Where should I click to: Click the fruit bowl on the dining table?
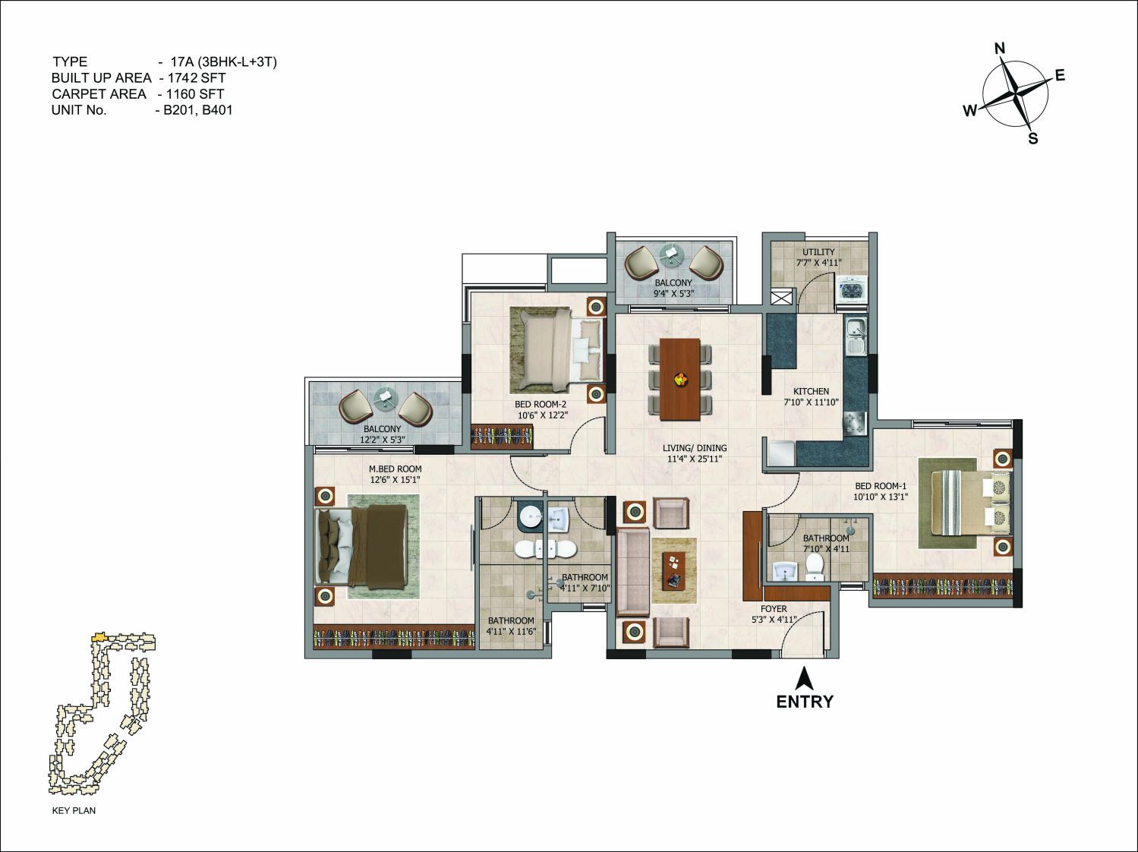pos(680,379)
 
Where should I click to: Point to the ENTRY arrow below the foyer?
pos(803,677)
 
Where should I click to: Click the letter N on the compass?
pos(1000,49)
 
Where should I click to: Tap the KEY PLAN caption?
pos(74,810)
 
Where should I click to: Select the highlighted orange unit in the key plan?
pos(99,636)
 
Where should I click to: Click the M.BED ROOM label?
pos(395,469)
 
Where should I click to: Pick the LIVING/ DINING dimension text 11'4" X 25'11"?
pos(695,459)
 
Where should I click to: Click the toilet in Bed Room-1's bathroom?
pos(815,566)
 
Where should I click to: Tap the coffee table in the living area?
pos(673,570)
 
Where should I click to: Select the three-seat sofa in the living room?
pos(633,572)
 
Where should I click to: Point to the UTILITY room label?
pos(818,252)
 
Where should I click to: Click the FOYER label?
pos(774,609)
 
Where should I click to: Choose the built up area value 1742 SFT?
pos(197,78)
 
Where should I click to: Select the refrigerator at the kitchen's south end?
pos(782,452)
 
